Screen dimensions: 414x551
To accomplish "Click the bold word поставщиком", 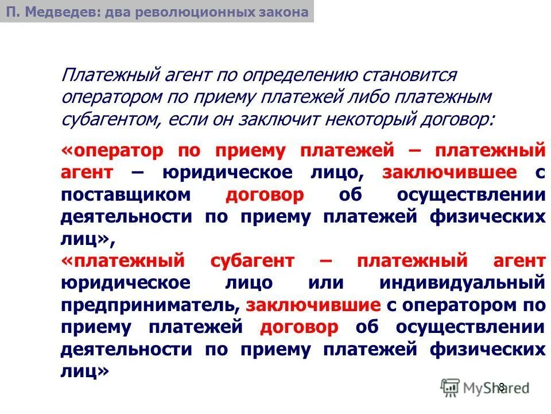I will (x=125, y=195).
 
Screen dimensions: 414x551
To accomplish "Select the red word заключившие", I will (x=312, y=305).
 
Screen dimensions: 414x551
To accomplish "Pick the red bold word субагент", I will (x=250, y=261).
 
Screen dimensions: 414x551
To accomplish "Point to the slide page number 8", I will (x=501, y=387).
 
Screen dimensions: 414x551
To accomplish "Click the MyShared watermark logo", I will (x=484, y=387).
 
